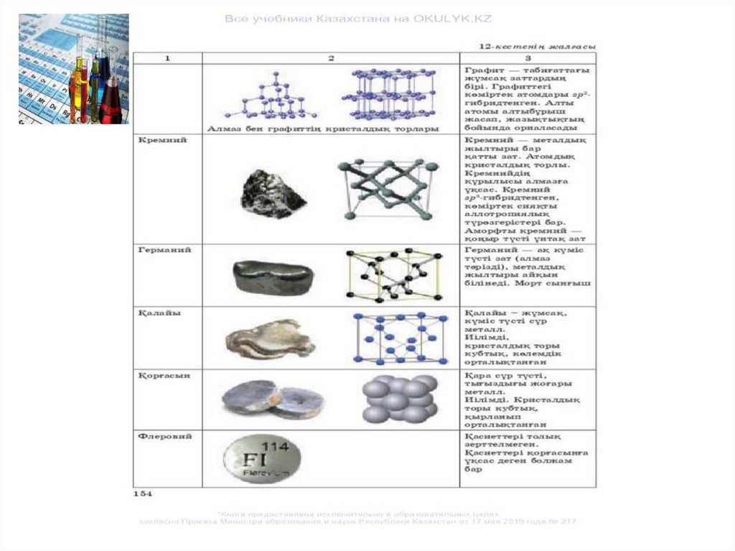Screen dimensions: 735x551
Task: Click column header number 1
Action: [167, 58]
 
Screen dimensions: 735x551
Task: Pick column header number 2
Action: [331, 58]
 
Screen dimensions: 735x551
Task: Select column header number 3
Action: [528, 58]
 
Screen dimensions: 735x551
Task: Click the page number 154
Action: [142, 494]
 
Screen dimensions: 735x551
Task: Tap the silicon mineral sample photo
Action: [272, 193]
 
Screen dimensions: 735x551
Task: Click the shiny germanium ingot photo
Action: [272, 277]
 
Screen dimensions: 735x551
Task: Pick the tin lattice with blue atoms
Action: [401, 338]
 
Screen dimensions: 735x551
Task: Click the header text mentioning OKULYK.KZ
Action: [358, 19]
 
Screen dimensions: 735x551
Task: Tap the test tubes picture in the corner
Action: [74, 69]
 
